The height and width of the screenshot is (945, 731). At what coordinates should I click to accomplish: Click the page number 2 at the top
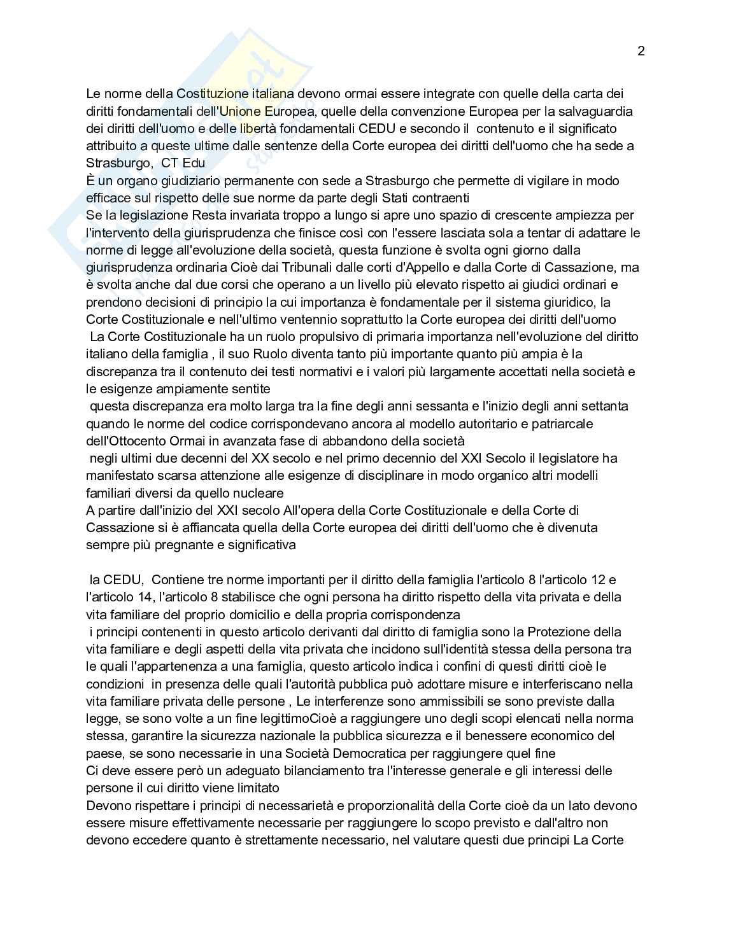click(641, 52)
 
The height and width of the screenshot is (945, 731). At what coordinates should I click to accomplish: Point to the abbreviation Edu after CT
click(194, 163)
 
